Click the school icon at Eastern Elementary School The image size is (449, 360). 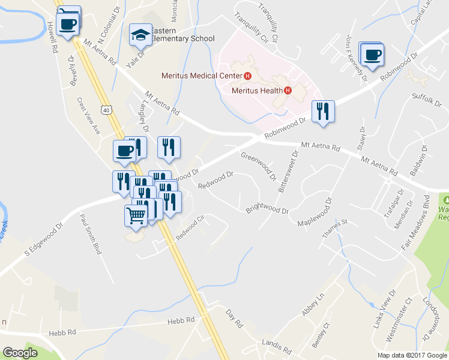click(141, 35)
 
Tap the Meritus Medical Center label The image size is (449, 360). click(202, 76)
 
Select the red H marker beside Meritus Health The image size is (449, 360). click(288, 91)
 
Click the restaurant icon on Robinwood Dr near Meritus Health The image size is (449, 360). click(323, 111)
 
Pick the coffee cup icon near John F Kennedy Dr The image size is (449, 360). click(372, 53)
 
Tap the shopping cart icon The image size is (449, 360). click(136, 215)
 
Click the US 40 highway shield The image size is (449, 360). click(106, 110)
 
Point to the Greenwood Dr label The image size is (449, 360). click(258, 167)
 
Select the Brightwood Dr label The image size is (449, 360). click(267, 211)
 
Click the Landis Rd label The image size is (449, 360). click(276, 346)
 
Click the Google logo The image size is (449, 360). click(20, 353)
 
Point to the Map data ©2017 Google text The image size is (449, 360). click(413, 355)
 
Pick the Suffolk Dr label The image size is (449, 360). click(426, 99)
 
